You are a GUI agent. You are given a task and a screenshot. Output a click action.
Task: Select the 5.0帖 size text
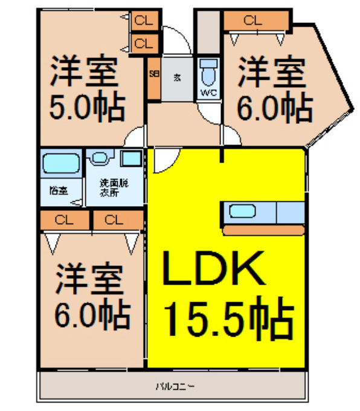click(87, 108)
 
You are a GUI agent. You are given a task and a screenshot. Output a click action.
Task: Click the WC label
click(208, 93)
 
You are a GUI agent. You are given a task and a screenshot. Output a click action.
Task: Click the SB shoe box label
click(153, 77)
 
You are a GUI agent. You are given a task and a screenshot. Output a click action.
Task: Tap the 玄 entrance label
click(178, 77)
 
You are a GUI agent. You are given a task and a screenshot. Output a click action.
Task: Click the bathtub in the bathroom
click(60, 164)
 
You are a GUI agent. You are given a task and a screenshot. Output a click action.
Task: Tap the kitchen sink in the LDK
click(242, 212)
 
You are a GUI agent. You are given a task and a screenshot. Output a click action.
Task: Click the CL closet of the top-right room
click(253, 21)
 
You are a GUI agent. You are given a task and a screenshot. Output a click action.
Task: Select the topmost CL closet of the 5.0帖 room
click(143, 19)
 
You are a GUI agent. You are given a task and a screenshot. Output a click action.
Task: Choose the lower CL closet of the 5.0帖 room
click(143, 43)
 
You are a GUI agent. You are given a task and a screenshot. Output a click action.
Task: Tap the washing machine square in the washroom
click(132, 160)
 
